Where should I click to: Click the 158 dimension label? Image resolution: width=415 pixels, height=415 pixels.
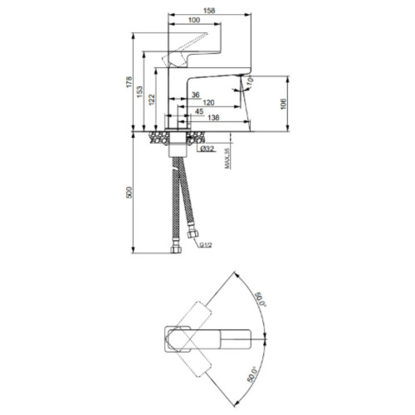coord(209,11)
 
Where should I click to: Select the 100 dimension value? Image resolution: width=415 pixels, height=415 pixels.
coord(194,20)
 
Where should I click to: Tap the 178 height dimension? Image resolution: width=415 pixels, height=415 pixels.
coord(129,82)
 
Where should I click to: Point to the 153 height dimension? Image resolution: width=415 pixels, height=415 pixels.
coord(140,91)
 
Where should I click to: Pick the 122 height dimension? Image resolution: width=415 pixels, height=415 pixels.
coord(152,100)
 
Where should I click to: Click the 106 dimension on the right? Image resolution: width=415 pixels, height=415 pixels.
coord(283,104)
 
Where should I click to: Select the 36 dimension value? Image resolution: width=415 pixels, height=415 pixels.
coord(196,95)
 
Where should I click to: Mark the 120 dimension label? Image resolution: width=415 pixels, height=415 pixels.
coord(208,103)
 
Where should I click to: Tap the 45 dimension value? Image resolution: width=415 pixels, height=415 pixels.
coord(199,111)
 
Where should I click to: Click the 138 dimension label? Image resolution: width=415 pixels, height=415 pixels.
coord(213,118)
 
